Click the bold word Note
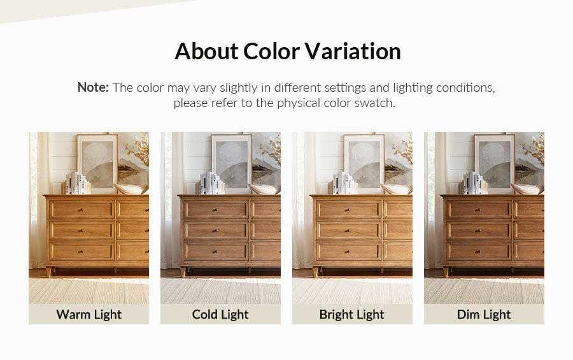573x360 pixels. coord(93,87)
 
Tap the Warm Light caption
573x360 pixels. coord(88,314)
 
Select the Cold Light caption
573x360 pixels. coord(220,314)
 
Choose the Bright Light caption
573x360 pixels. coord(352,314)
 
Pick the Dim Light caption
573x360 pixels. coord(484,314)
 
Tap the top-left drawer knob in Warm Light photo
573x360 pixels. coord(81,210)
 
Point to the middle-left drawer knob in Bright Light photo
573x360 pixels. coord(348,231)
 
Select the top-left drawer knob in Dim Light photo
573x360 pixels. coord(478,210)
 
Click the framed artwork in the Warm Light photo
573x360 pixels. coord(97,163)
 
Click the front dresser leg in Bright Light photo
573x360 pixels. coord(315,272)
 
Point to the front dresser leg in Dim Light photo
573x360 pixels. coord(446,272)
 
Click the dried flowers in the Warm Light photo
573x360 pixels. coord(138,149)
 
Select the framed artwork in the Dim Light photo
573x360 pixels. coord(495,163)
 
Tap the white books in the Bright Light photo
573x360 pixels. coord(343,183)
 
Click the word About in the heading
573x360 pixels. coord(206,51)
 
